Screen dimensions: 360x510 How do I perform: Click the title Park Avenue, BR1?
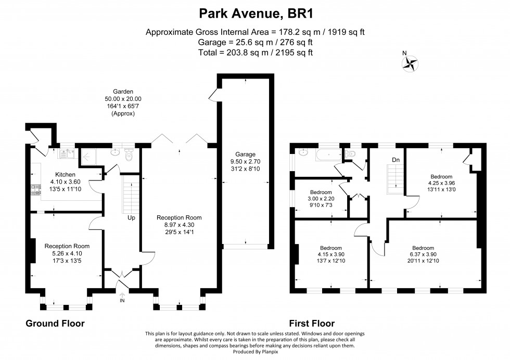[255, 12]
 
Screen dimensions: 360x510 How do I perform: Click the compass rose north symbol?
[411, 62]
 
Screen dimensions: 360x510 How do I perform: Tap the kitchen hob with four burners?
[36, 190]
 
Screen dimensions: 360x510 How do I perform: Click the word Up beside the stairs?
[131, 217]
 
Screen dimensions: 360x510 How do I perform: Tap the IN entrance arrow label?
[122, 300]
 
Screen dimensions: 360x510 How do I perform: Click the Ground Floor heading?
[55, 324]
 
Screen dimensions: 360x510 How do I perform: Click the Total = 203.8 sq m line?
[255, 53]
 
